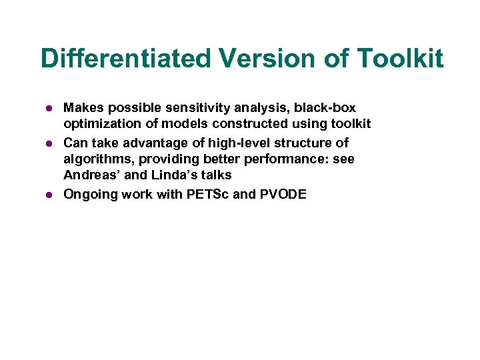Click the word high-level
227,143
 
